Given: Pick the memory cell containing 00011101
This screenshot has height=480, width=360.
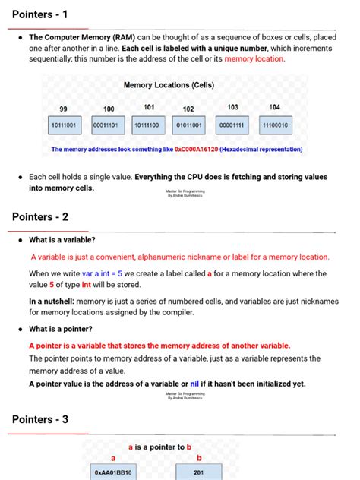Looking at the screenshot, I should (109, 125).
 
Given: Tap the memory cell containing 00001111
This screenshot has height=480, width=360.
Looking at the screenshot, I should (232, 125).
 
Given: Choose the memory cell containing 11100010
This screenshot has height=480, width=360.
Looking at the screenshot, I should (276, 125).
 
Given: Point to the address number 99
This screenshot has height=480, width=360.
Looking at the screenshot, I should (64, 109).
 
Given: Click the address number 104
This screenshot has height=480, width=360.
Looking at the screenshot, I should (274, 107).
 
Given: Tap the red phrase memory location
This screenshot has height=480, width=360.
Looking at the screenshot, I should (254, 58).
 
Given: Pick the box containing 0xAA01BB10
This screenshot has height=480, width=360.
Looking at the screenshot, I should (113, 472).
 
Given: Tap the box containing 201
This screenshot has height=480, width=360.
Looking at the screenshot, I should (199, 472).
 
